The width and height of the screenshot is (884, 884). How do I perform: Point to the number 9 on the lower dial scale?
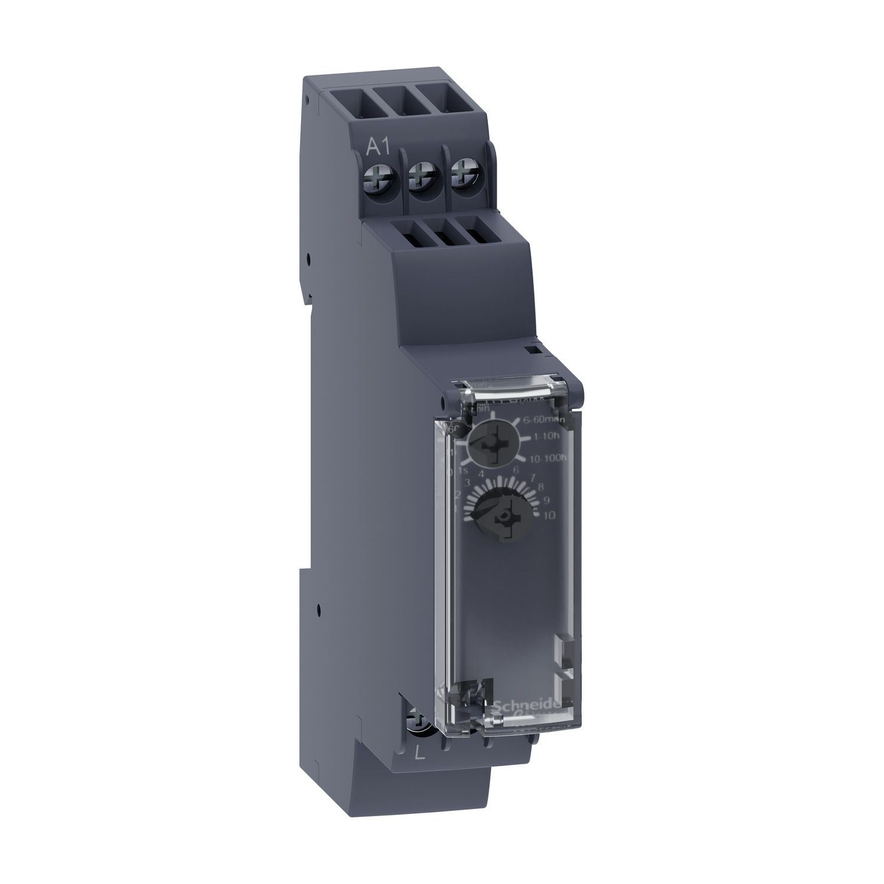[546, 502]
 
